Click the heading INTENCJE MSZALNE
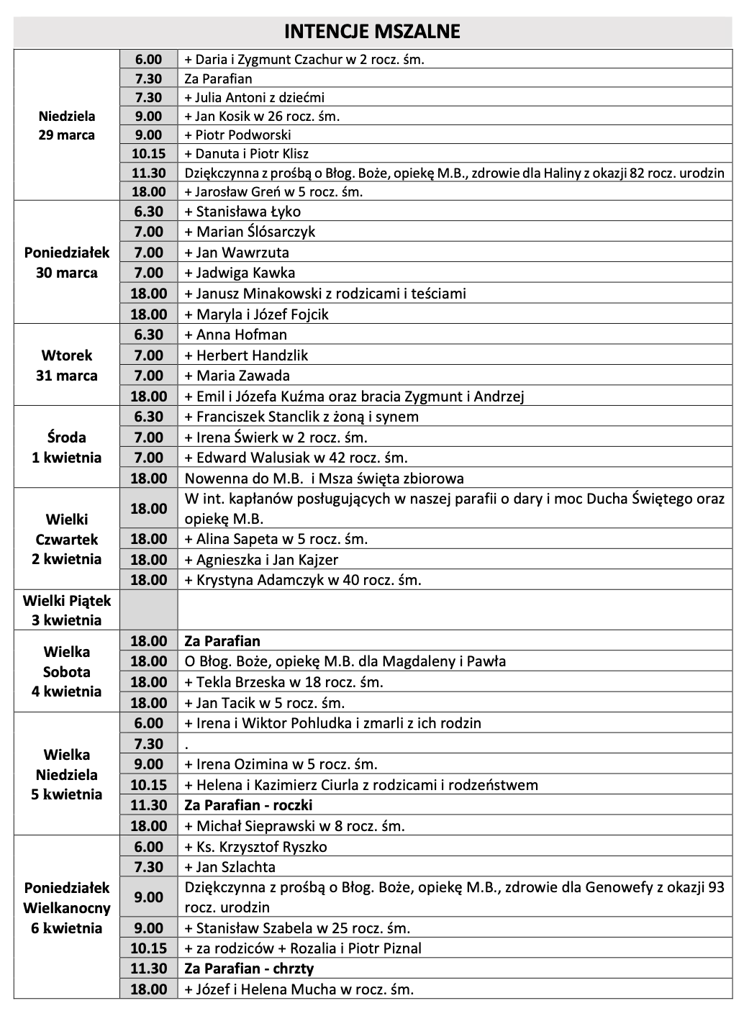pos(372,32)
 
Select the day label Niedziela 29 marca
pos(67,125)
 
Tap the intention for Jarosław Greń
pos(273,191)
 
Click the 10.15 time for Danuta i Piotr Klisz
pos(148,153)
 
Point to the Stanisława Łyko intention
pos(242,212)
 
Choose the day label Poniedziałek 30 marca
pos(67,263)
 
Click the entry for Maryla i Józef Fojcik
pos(256,314)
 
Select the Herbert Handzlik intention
pos(246,355)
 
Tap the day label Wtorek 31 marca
pos(67,366)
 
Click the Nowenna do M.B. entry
pos(324,478)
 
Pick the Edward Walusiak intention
pos(296,458)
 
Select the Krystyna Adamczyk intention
pos(303,580)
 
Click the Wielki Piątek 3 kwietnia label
pos(67,610)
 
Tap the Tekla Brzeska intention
pos(283,682)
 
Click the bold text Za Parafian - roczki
pos(248,805)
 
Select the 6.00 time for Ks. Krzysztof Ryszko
pos(148,847)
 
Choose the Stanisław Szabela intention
pos(297,928)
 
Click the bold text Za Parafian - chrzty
pos(249,969)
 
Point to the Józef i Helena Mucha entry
pos(299,989)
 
